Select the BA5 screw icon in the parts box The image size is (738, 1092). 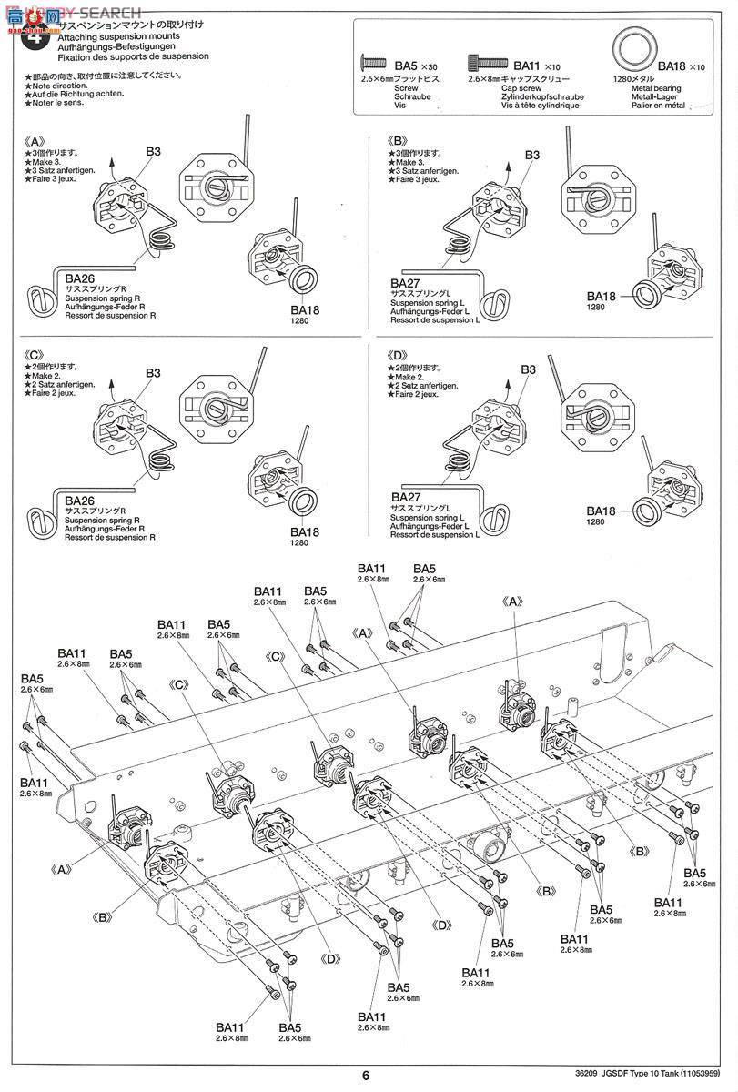point(375,64)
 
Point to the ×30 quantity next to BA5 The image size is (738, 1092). point(429,66)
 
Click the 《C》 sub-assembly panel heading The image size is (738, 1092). point(35,355)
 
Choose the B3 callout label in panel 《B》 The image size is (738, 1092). point(533,156)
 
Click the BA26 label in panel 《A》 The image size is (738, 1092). point(80,277)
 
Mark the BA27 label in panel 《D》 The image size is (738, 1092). point(407,497)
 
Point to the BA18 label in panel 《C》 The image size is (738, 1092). point(306,531)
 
